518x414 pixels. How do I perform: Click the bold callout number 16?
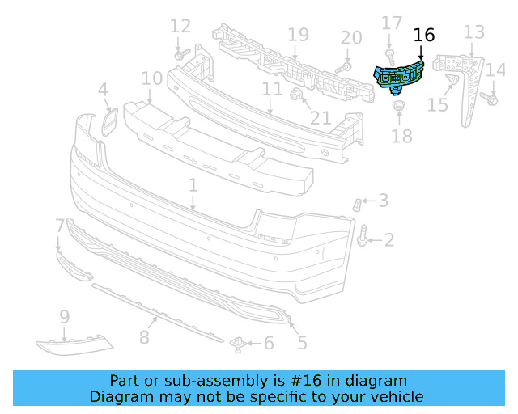(423, 35)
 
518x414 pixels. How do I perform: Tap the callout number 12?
(180, 26)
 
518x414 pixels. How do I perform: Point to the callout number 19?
(298, 35)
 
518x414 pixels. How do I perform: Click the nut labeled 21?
(296, 98)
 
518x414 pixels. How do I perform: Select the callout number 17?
(391, 24)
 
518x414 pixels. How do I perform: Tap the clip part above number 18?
(398, 107)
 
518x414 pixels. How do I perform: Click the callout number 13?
(473, 32)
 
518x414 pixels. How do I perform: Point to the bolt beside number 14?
(490, 99)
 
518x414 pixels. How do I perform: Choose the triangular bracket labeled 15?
(452, 79)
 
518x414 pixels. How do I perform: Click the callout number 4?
(103, 89)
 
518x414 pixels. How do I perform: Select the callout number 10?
(151, 78)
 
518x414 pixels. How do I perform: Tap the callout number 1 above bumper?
(193, 186)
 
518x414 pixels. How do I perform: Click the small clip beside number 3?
(356, 204)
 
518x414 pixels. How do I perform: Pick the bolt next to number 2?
(365, 236)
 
